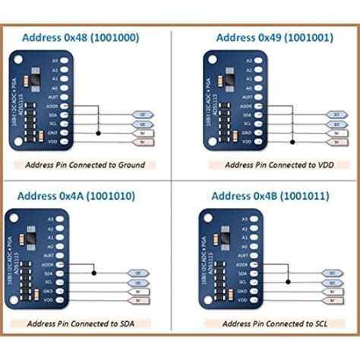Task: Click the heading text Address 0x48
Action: pos(51,36)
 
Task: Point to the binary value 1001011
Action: pos(304,196)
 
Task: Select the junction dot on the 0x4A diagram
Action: pos(93,273)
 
